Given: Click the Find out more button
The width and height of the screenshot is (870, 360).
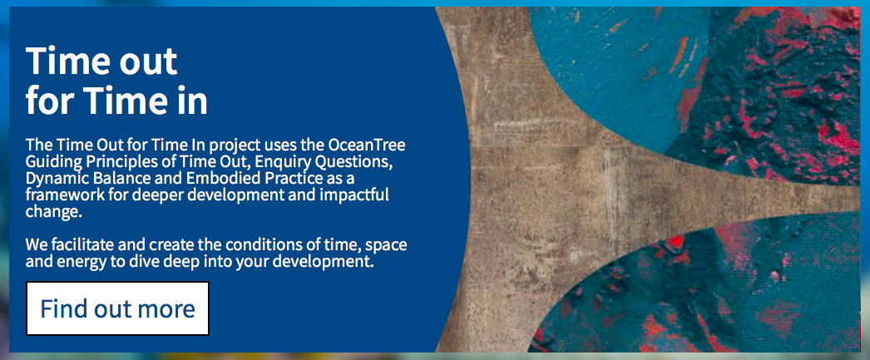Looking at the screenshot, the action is pos(117,308).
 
